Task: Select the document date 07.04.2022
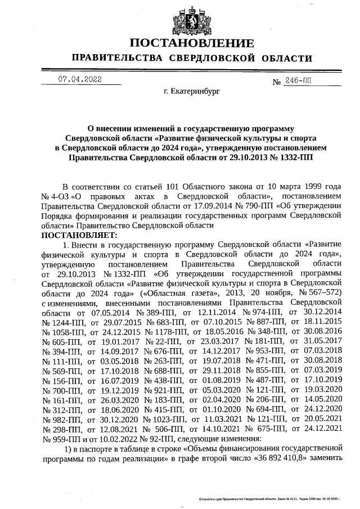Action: [x=80, y=79]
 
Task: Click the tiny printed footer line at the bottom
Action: [x=271, y=498]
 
